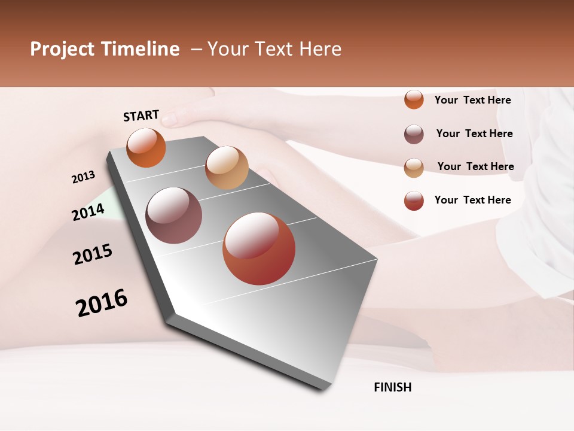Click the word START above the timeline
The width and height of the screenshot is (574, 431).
point(141,116)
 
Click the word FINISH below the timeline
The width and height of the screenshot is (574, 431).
point(393,387)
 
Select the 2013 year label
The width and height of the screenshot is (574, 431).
point(83,177)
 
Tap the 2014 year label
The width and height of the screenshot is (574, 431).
point(88,212)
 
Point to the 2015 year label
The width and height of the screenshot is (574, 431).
point(93,254)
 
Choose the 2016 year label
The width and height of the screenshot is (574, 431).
point(102,302)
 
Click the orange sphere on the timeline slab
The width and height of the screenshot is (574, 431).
point(146,148)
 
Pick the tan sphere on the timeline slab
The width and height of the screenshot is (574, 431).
point(227,168)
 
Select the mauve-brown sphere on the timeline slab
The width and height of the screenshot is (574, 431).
point(174,215)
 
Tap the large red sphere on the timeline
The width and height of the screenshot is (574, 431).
point(259,248)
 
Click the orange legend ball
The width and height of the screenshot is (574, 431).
point(414,100)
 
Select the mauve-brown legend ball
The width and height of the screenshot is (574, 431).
point(414,134)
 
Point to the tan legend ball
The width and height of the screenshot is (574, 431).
point(414,167)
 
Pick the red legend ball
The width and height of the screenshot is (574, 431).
point(414,201)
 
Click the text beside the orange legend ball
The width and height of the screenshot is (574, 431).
point(472,100)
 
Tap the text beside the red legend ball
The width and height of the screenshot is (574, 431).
point(472,200)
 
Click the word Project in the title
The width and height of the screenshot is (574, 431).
point(63,49)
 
